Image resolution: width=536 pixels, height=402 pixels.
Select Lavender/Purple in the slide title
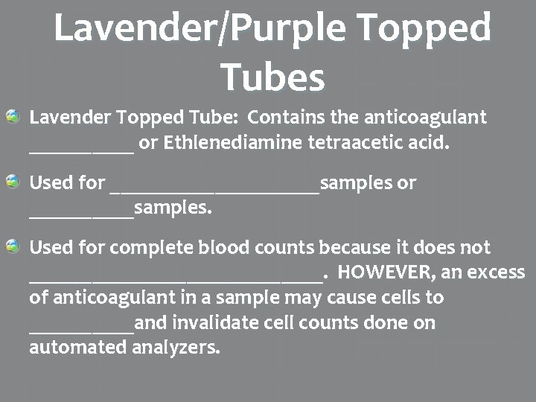coord(196,28)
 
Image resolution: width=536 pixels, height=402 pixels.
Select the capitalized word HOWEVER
coord(387,272)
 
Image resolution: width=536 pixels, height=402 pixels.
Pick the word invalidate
coord(211,323)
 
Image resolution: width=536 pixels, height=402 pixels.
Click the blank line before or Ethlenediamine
coord(81,149)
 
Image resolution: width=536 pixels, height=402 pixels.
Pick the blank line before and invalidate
coord(81,329)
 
